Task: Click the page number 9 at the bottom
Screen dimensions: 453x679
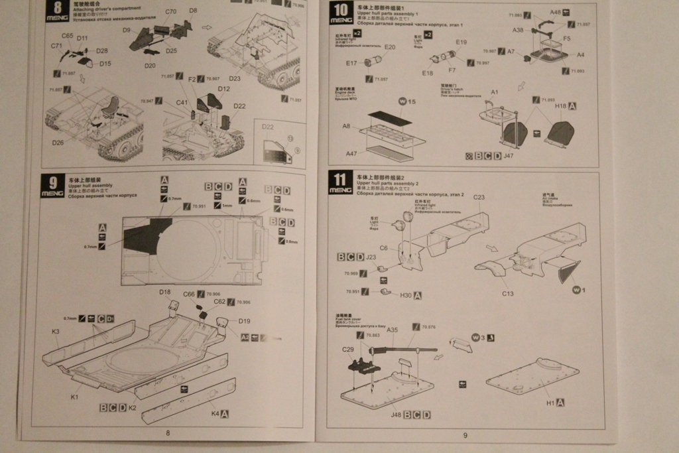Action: pos(465,435)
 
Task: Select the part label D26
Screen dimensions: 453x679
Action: pos(58,141)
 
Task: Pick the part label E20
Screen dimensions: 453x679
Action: pos(389,47)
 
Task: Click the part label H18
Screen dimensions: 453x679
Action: pos(560,105)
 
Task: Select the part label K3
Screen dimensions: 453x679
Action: pos(55,331)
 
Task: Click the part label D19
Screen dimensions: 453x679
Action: pos(243,321)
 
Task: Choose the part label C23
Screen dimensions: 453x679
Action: pos(479,197)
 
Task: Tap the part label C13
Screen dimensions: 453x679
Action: pos(508,293)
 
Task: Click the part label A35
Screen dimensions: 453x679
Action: pos(392,330)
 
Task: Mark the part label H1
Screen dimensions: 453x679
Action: pos(550,403)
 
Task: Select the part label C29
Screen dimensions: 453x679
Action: pos(348,349)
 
